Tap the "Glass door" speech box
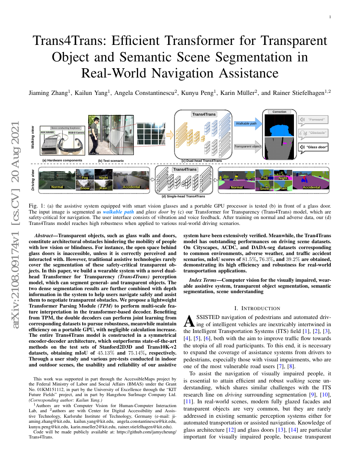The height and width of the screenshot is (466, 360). click(x=314, y=147)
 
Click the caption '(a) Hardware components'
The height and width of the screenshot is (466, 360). click(x=62, y=161)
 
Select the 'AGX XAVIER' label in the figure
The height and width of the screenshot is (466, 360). click(x=47, y=133)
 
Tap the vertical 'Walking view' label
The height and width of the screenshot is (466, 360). click(x=33, y=137)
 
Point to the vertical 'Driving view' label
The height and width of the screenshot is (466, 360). click(x=33, y=179)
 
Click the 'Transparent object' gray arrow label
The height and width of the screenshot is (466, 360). click(x=248, y=147)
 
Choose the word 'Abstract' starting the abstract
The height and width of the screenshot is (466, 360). click(x=44, y=235)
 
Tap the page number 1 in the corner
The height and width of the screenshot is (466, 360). click(x=330, y=17)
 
